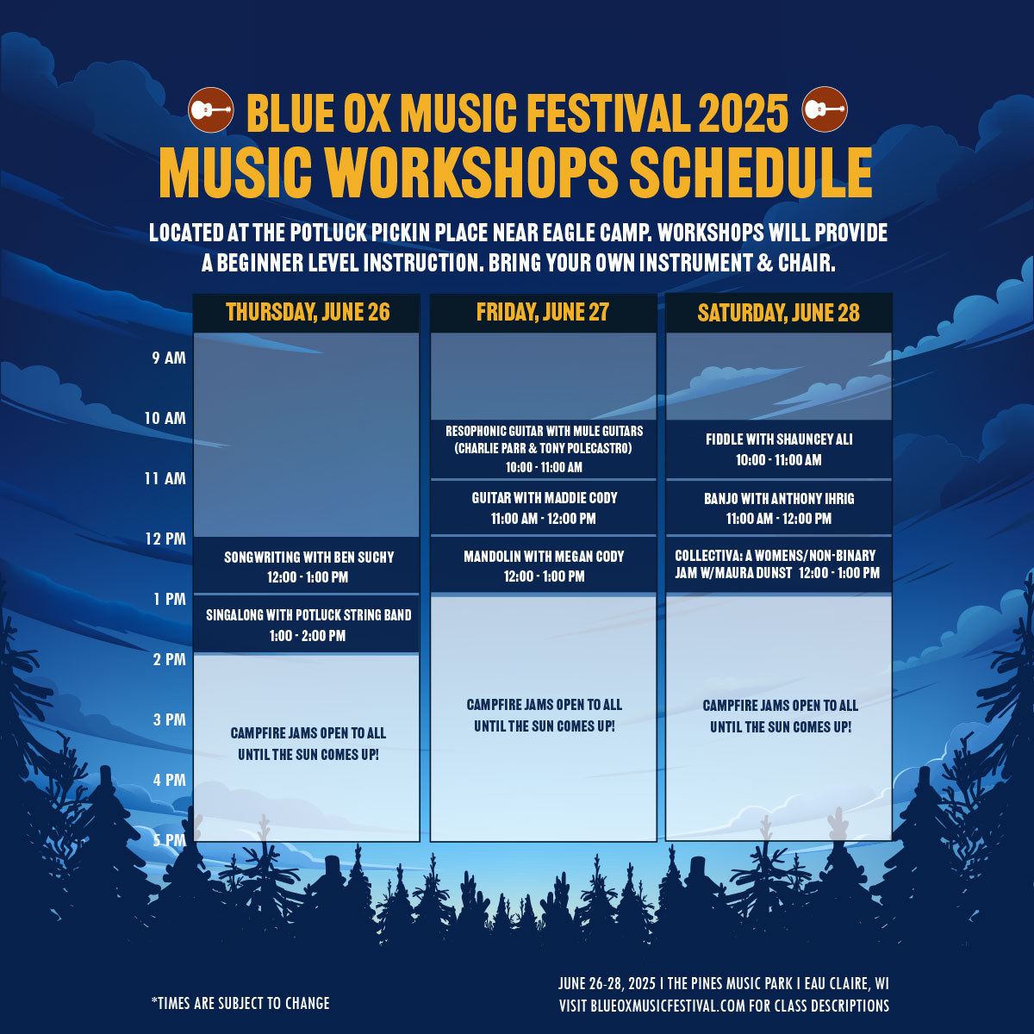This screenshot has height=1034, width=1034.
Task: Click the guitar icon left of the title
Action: [x=211, y=110]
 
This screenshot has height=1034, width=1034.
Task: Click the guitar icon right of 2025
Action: [x=825, y=109]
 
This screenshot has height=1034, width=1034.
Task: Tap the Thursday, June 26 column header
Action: [x=308, y=312]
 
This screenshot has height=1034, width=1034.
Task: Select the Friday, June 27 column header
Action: [x=543, y=312]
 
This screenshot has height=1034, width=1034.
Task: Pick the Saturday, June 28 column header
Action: [x=779, y=313]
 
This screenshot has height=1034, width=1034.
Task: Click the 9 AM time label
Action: [x=169, y=358]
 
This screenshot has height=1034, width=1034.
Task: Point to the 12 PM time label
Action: [x=165, y=539]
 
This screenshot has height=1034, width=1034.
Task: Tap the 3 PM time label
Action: [x=170, y=719]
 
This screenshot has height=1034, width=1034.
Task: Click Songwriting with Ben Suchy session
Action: [x=308, y=567]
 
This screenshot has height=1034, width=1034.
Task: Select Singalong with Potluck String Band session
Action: [x=308, y=625]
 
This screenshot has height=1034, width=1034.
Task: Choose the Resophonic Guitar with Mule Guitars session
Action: [x=544, y=449]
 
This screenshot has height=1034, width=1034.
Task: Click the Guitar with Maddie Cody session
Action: [x=544, y=508]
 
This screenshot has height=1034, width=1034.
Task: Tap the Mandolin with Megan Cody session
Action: [x=544, y=565]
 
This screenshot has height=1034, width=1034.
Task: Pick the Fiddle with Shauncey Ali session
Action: [x=779, y=449]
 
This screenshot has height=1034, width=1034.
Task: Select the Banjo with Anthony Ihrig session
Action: [x=779, y=508]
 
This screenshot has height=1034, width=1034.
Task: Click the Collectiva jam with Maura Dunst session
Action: [x=779, y=564]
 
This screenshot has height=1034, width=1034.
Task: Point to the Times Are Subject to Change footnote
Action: [x=240, y=1004]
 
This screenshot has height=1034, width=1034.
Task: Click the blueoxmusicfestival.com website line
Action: [x=724, y=1006]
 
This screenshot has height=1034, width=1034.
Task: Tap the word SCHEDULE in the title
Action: [x=751, y=173]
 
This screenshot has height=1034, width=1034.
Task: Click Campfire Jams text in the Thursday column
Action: [x=308, y=744]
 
